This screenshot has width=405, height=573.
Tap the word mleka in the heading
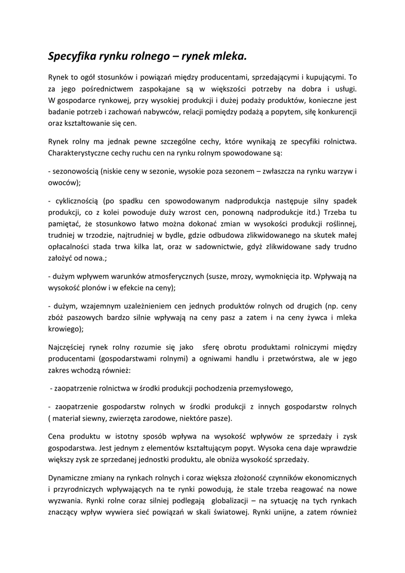(227, 57)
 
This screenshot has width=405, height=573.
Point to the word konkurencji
(333, 112)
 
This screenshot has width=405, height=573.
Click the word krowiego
(65, 330)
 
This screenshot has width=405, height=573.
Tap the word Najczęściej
(70, 347)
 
